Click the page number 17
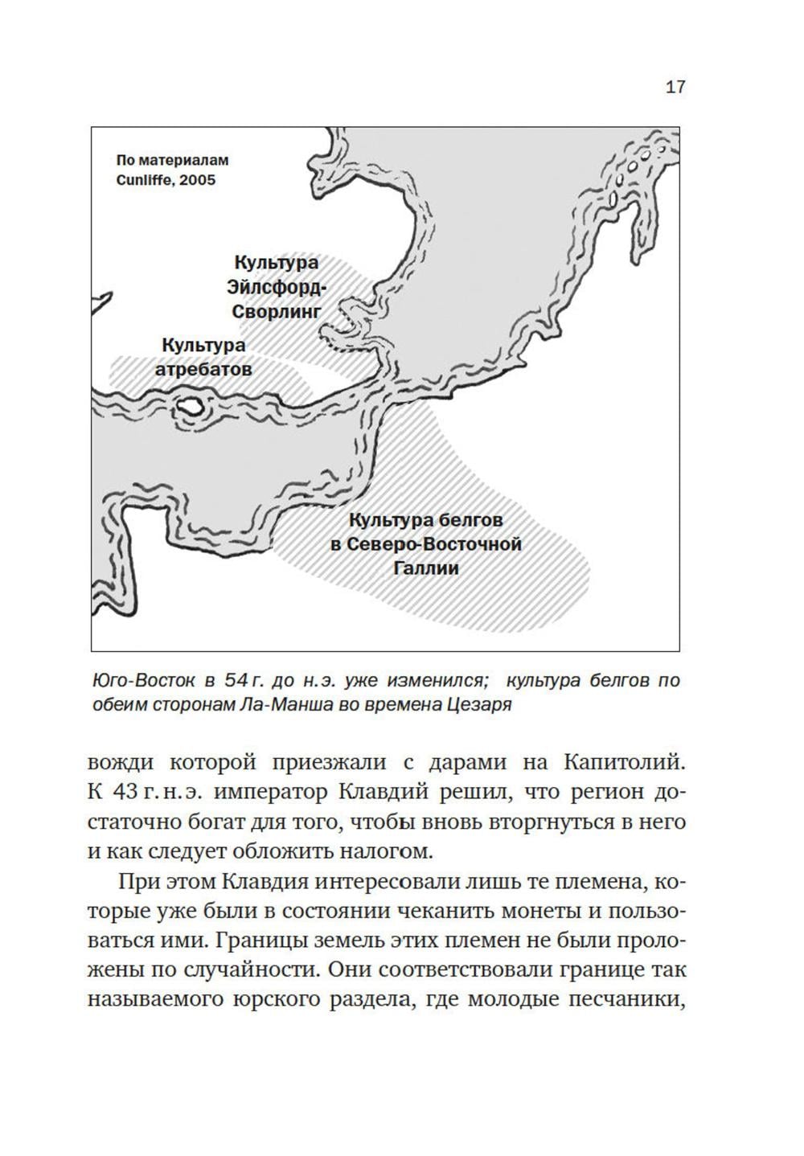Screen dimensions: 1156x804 point(675,87)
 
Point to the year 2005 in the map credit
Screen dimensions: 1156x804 point(198,180)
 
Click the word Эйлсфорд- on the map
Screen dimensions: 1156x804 point(276,287)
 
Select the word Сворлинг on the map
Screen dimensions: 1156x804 point(276,311)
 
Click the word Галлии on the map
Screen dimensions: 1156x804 point(426,568)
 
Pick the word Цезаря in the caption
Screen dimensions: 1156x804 point(483,707)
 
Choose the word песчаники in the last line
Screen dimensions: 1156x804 point(626,1000)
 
